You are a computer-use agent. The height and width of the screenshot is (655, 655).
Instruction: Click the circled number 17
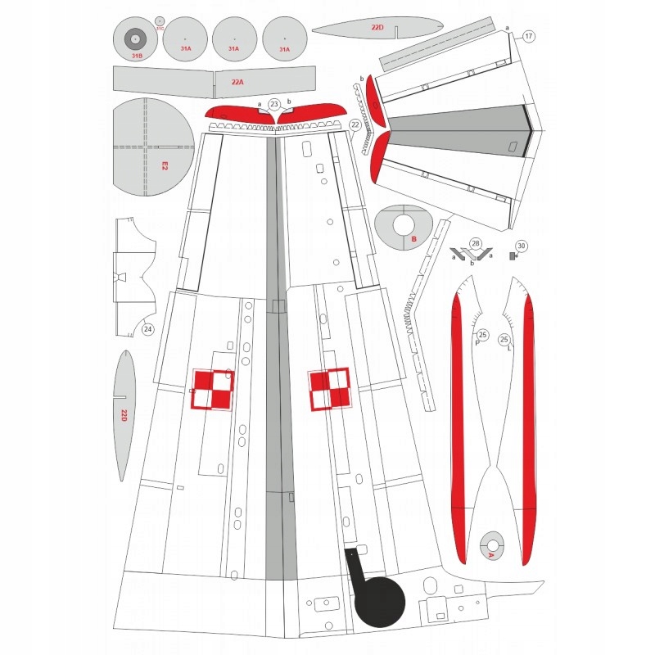click(529, 37)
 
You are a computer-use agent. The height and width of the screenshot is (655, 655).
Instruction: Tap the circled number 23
click(274, 104)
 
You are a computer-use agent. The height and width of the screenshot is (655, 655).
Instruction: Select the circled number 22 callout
click(355, 124)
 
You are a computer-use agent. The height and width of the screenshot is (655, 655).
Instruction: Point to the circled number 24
click(147, 330)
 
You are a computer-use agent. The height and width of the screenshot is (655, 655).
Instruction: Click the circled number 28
click(475, 243)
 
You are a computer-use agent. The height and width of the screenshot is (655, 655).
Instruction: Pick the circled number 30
click(522, 245)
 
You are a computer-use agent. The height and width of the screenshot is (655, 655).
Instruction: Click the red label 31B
click(137, 56)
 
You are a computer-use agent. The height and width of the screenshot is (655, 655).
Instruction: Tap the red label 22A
click(237, 82)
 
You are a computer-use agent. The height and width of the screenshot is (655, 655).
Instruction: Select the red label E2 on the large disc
click(164, 165)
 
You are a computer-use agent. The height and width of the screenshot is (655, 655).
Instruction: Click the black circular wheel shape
click(381, 602)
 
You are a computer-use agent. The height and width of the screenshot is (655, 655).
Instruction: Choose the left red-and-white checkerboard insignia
click(213, 390)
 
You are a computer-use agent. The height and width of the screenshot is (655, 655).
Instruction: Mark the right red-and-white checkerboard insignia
click(330, 389)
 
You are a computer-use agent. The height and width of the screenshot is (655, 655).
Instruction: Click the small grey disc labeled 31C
click(159, 20)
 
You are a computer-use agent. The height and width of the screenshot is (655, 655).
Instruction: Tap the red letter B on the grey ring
click(414, 239)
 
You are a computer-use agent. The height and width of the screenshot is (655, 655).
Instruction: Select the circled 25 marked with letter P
click(482, 336)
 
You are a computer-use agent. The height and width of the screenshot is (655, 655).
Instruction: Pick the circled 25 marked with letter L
click(505, 339)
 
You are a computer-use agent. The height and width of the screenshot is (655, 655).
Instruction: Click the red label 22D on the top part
click(377, 27)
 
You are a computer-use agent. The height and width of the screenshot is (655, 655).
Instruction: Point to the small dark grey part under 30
click(514, 256)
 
